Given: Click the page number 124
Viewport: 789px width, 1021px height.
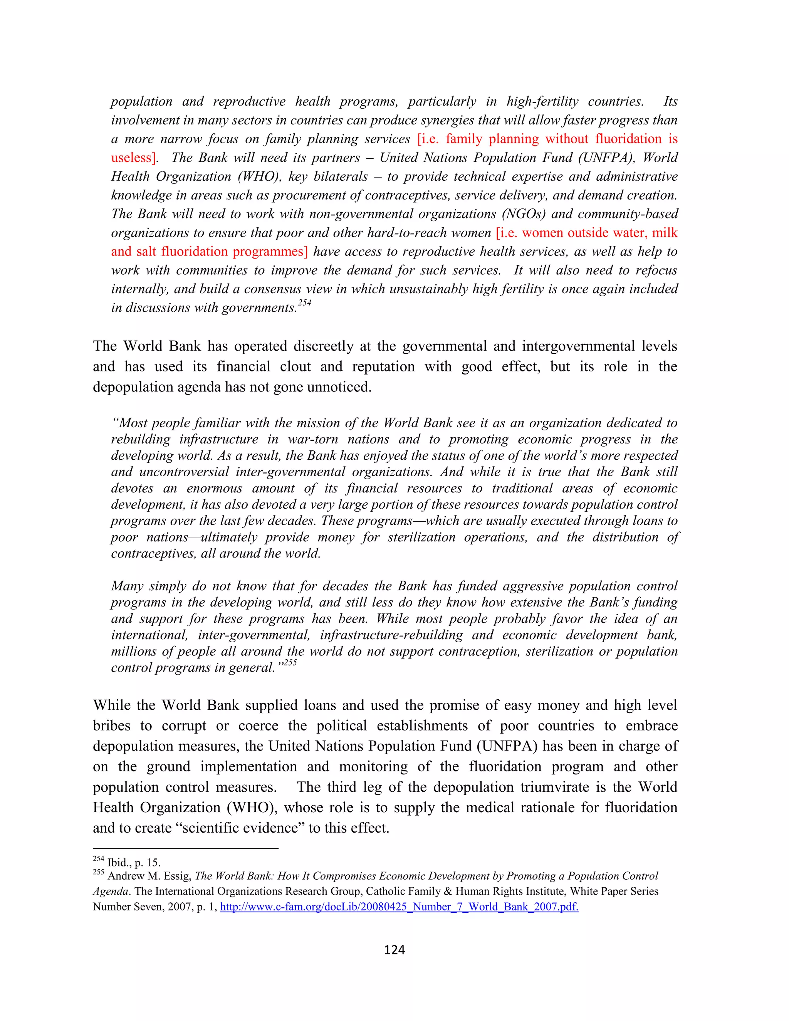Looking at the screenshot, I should pos(394,949).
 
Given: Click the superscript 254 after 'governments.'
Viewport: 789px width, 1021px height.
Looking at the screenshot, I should pos(305,303).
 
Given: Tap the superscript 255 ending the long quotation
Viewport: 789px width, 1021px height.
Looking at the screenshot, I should pos(290,663).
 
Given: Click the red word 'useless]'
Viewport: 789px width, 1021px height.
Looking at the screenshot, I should pos(133,158).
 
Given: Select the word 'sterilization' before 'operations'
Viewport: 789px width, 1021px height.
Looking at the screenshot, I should pos(421,537).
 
